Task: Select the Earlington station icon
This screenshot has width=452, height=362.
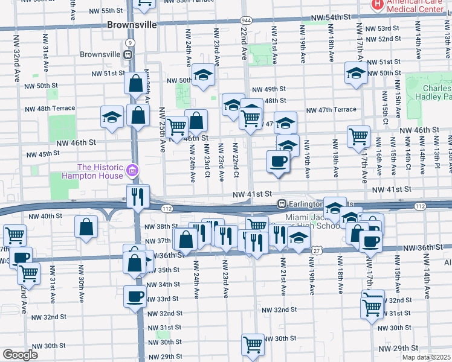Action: (282, 204)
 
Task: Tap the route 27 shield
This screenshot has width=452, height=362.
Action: (316, 250)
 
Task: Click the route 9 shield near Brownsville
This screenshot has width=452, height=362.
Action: (129, 42)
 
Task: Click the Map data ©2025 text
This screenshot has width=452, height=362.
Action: (427, 357)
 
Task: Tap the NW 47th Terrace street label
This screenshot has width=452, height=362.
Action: (331, 110)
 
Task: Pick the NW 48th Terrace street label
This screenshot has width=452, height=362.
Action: (50, 109)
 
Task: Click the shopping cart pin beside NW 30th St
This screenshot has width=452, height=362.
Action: (253, 345)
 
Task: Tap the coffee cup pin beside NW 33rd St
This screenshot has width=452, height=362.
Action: (135, 296)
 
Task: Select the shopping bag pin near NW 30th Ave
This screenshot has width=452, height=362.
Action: (86, 227)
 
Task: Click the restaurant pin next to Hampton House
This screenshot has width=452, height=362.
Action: (138, 196)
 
